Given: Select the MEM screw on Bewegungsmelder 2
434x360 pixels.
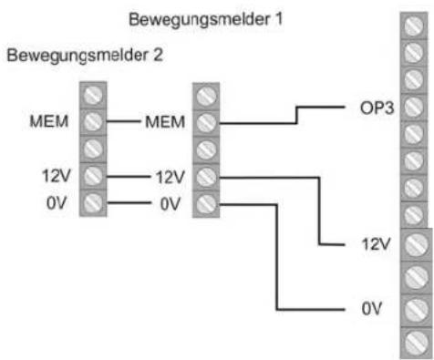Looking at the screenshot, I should (x=92, y=121).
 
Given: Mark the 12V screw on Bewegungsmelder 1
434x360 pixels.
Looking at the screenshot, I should (x=207, y=175).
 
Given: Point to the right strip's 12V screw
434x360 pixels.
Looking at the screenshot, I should (x=415, y=244).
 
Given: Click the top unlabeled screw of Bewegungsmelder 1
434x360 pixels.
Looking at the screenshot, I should (x=207, y=94).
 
